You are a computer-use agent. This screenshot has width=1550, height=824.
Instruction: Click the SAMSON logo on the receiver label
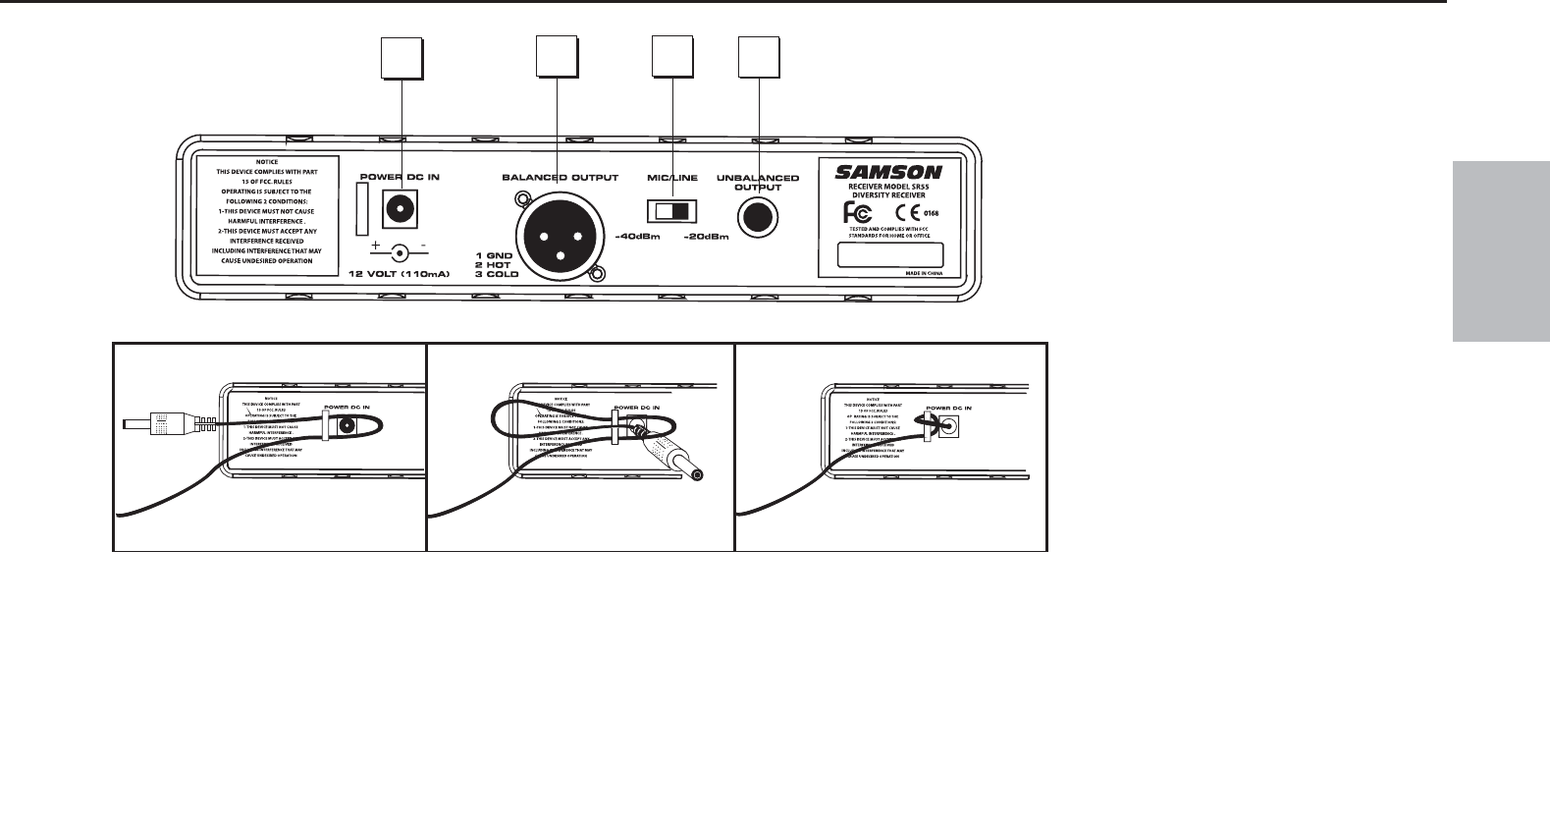[x=888, y=172]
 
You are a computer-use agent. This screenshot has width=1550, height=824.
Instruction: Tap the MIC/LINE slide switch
[x=672, y=211]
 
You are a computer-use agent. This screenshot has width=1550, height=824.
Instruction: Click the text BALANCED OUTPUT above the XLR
[x=560, y=178]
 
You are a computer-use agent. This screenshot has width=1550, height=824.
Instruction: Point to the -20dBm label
[x=707, y=237]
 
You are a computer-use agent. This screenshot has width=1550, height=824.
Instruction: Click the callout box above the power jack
[x=402, y=58]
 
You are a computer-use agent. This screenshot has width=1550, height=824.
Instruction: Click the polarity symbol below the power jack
[x=399, y=251]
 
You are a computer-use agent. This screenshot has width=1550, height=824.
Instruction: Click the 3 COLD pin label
[x=495, y=275]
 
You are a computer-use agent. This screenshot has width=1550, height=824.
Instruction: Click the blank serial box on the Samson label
[x=889, y=254]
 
